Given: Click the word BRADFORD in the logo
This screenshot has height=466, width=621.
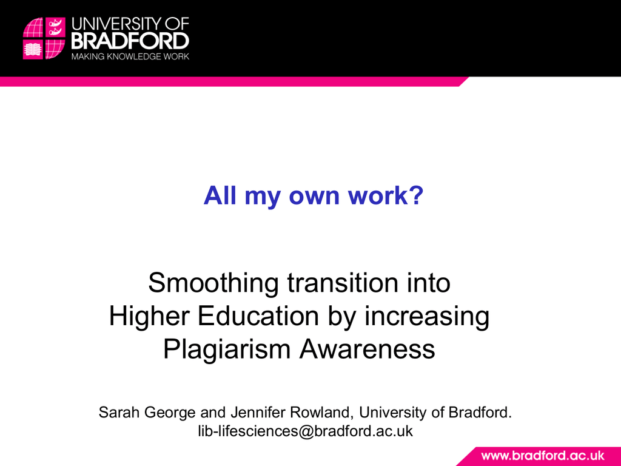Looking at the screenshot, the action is coord(130,41).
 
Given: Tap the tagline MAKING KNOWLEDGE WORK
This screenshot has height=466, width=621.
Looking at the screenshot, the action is coord(130,56).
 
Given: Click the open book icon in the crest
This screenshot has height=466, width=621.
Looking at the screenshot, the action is coord(33,50).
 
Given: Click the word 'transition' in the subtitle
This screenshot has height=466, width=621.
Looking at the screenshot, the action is coord(342,282).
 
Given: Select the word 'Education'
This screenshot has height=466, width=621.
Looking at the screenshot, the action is coord(258,316).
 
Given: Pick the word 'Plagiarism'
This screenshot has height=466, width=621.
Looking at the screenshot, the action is coord(227,350).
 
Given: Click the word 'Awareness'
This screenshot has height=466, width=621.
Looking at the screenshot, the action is coord(368,349).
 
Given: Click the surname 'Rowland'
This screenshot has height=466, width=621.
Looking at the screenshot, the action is coord(322,413).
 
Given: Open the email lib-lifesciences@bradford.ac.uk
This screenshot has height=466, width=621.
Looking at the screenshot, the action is coord(306,431).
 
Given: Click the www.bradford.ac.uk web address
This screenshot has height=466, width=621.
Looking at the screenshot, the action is coord(543,456).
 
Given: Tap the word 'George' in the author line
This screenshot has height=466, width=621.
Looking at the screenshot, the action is coord(170,413).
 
